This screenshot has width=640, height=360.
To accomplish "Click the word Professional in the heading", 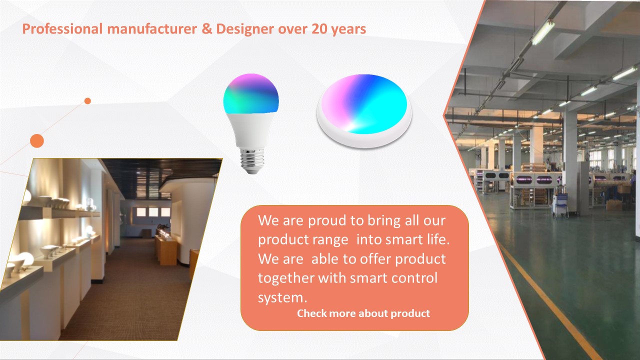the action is (x=62, y=29).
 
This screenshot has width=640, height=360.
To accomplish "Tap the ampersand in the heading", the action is (x=206, y=29).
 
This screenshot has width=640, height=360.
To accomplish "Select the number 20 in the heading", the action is (x=319, y=29).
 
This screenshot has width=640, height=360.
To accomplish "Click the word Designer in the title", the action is (x=245, y=29).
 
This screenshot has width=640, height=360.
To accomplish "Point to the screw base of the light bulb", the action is (x=251, y=160).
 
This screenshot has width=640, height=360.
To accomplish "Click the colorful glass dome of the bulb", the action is (x=251, y=93).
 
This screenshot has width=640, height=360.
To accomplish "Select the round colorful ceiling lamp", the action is (x=364, y=110).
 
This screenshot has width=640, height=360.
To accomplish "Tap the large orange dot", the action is (x=37, y=141).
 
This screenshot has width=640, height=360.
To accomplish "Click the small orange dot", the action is (x=87, y=101).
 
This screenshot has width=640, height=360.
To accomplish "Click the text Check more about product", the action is (x=363, y=313).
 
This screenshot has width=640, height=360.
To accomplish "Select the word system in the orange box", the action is (x=280, y=297).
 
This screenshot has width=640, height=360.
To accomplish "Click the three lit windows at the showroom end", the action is (x=153, y=212).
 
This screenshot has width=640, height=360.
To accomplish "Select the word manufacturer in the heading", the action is (x=152, y=29).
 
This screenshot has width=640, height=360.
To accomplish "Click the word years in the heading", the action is (x=348, y=29).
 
